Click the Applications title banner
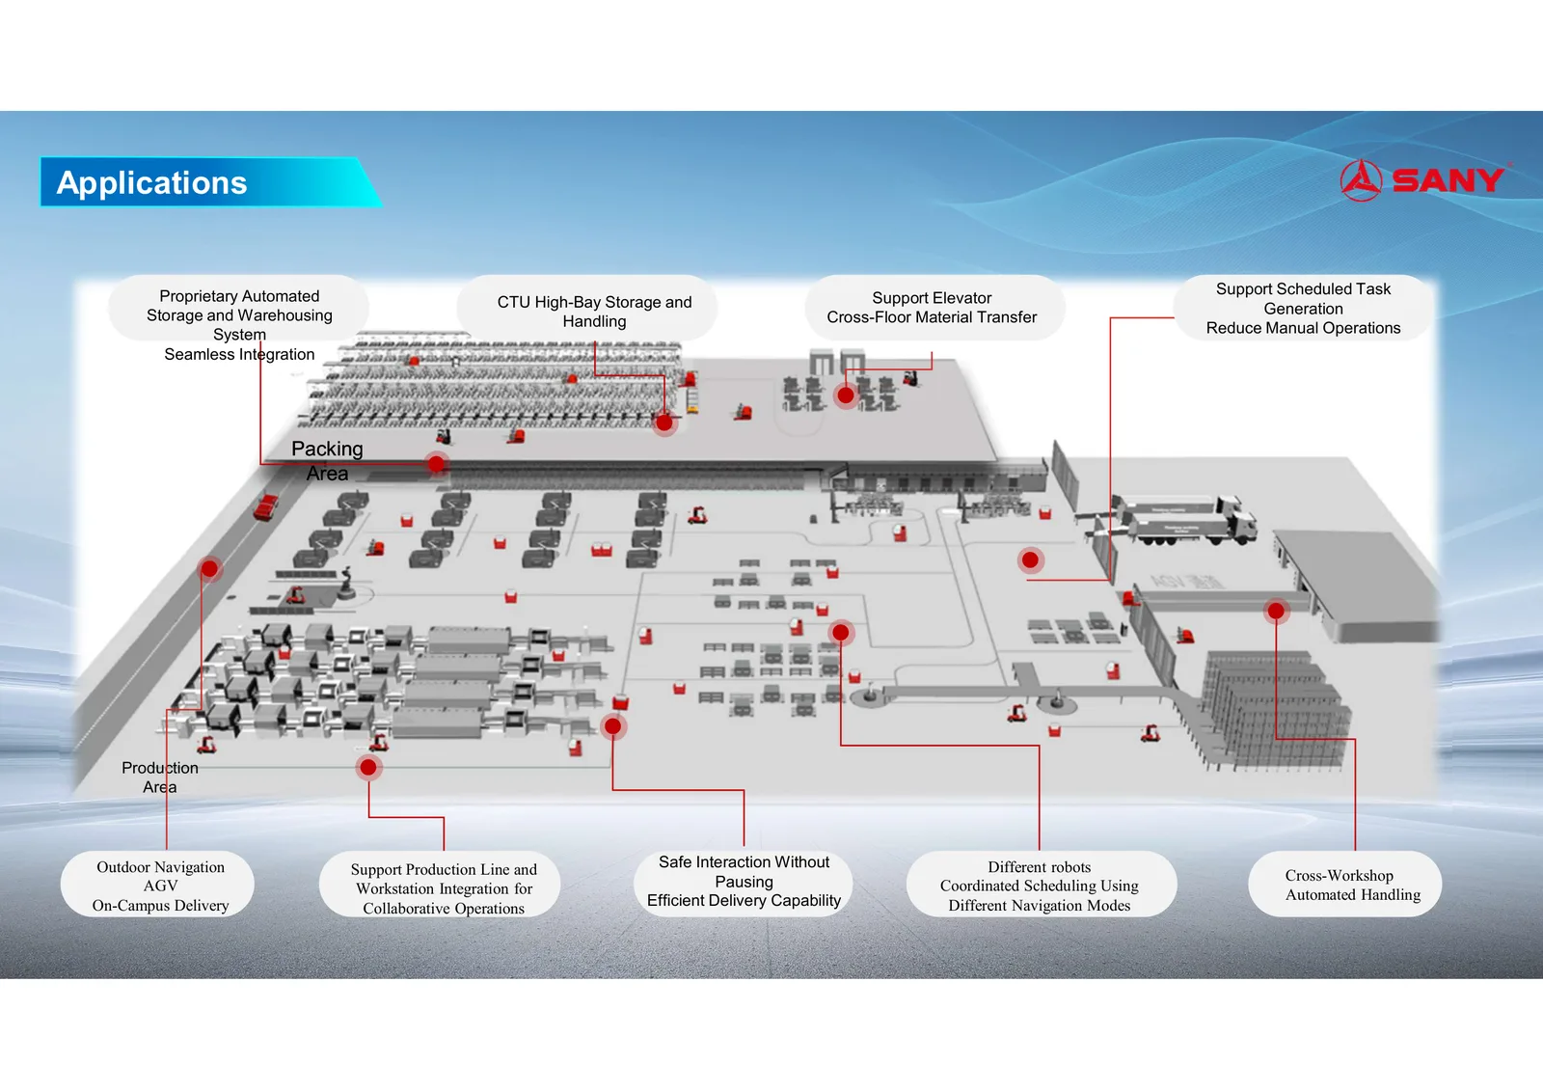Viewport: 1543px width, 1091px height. [x=210, y=182]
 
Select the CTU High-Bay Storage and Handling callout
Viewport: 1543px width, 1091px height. [x=587, y=308]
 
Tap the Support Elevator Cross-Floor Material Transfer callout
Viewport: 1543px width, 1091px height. [x=934, y=308]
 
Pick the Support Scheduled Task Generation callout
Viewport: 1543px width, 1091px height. [x=1303, y=308]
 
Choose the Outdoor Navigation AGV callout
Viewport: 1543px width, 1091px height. [x=158, y=885]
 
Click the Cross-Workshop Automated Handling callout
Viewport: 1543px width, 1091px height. [x=1344, y=885]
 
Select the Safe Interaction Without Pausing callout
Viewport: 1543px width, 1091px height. [x=744, y=882]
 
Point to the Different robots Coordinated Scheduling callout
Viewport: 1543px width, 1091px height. [x=1041, y=885]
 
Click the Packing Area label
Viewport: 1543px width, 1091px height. [x=327, y=460]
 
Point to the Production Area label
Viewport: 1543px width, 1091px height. [x=160, y=777]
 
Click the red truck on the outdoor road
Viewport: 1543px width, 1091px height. [x=266, y=506]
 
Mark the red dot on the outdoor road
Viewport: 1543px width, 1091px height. [x=209, y=568]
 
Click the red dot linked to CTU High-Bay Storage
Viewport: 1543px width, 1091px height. [x=664, y=423]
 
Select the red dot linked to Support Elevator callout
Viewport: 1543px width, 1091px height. [x=845, y=395]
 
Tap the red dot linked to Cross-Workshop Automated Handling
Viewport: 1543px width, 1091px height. [x=1276, y=610]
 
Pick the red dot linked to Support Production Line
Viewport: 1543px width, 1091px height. [x=368, y=766]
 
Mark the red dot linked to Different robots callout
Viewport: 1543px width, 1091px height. [x=840, y=632]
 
